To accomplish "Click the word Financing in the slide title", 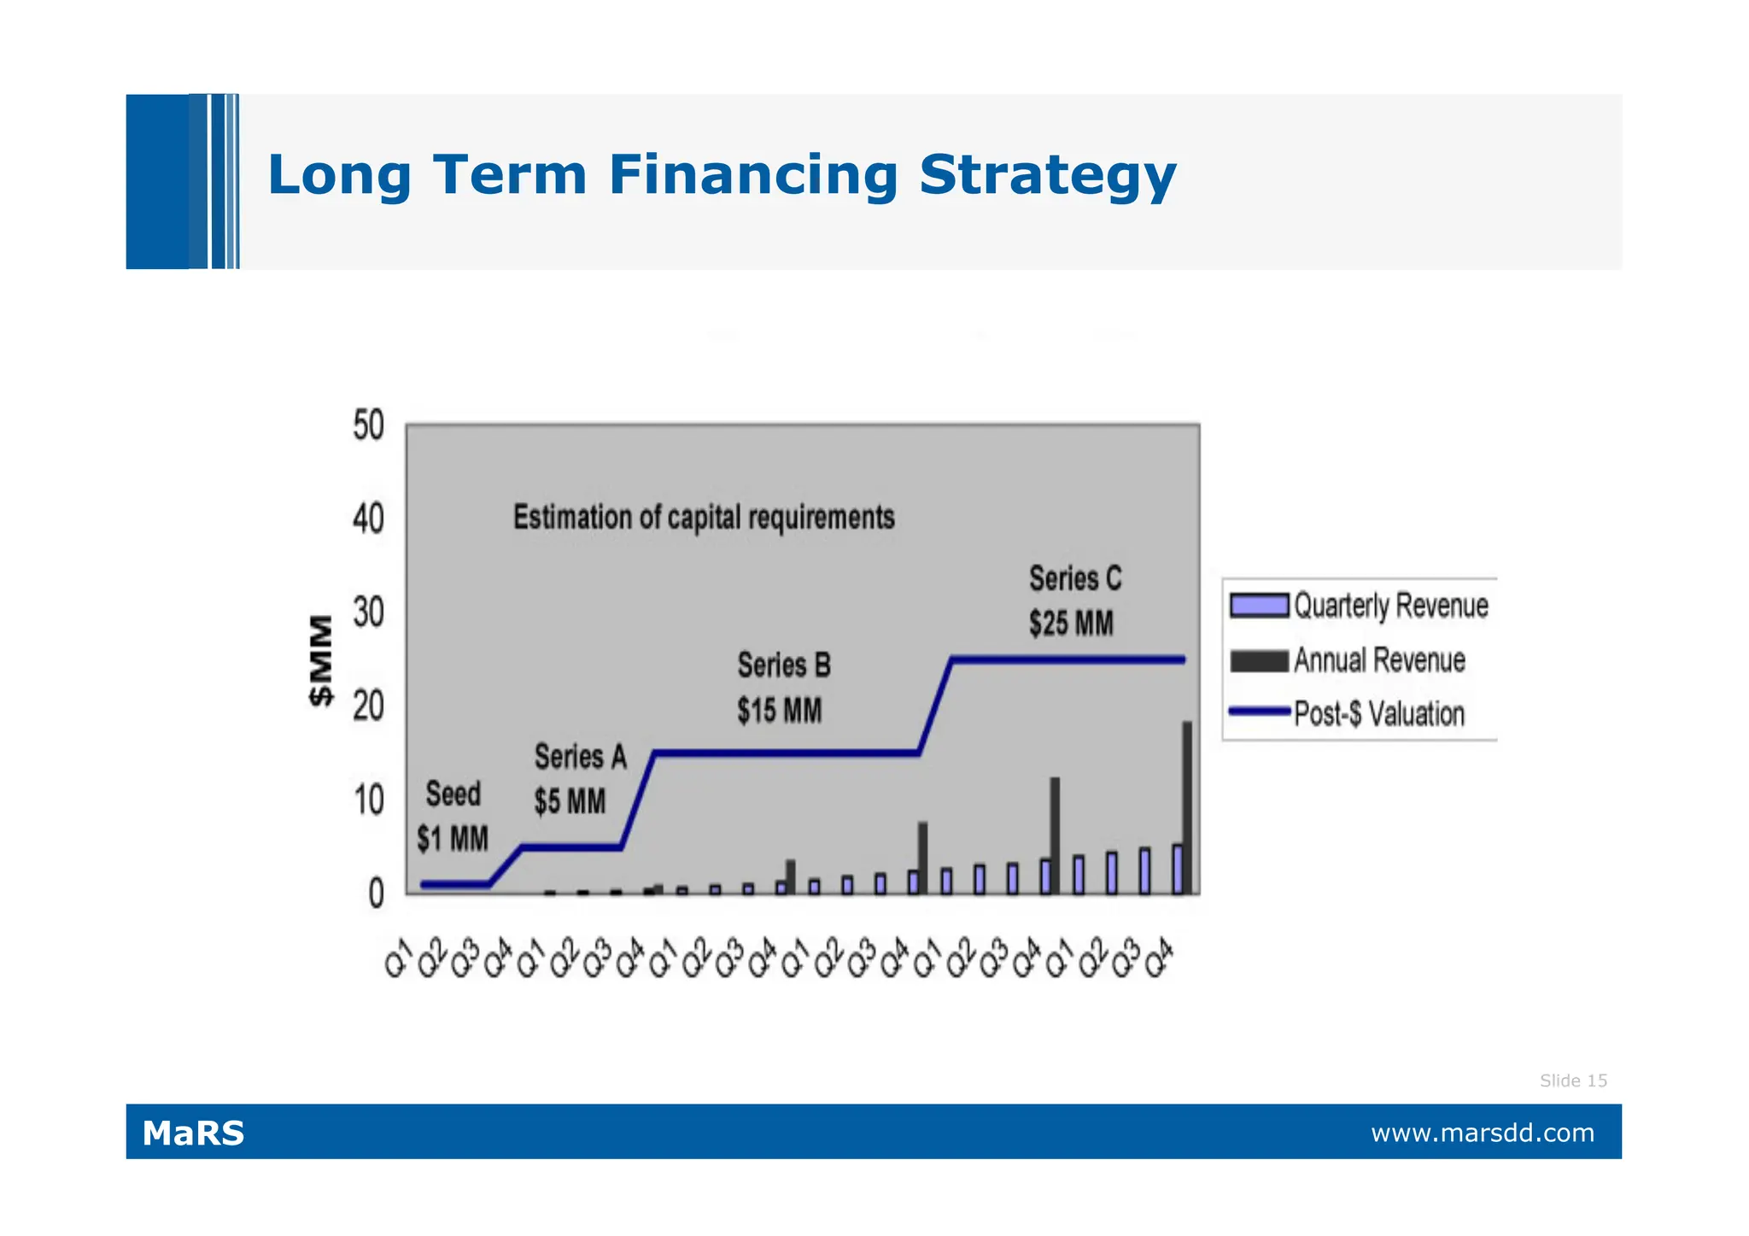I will (x=752, y=175).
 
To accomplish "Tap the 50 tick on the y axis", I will (x=368, y=425).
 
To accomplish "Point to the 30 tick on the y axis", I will (x=368, y=612).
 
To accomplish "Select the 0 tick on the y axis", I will (x=376, y=894).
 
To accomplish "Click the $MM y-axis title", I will (x=320, y=660).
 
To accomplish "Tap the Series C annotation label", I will (x=1074, y=579).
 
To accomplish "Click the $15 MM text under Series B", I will (x=779, y=711).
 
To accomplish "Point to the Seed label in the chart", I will (x=453, y=794).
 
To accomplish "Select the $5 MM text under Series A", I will (x=570, y=802).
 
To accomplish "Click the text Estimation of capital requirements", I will (x=704, y=518).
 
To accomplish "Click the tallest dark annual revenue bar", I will (x=1187, y=807).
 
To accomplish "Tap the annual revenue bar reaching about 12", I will (x=1055, y=835).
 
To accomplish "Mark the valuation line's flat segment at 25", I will (x=1068, y=659).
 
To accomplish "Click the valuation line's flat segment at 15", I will (x=786, y=753).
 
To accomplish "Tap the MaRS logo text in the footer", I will (x=193, y=1133).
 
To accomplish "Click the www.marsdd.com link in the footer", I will (x=1482, y=1133).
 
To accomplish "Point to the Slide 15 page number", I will (x=1572, y=1081).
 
